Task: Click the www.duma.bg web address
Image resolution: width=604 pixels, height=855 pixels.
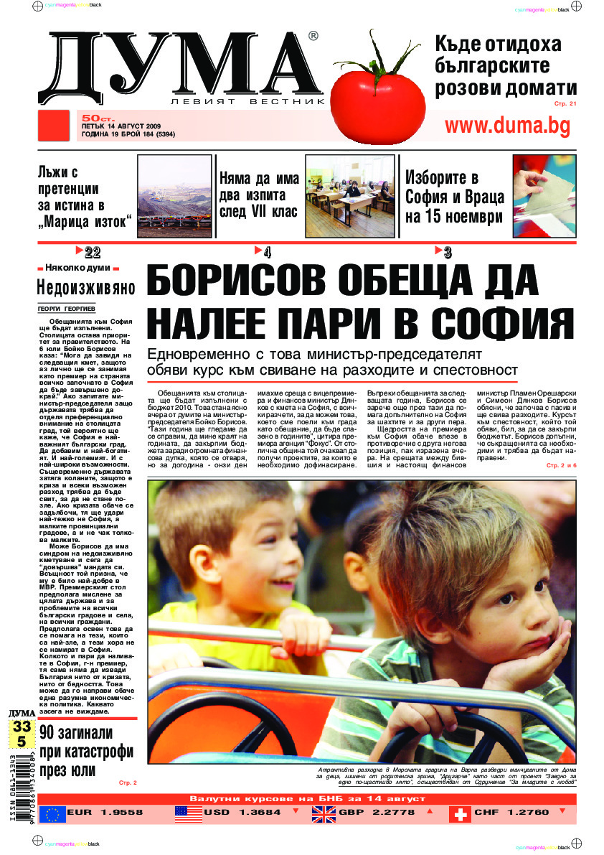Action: pyautogui.click(x=507, y=126)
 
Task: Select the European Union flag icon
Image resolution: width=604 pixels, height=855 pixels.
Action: pyautogui.click(x=52, y=814)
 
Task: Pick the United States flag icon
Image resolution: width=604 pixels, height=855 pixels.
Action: pyautogui.click(x=189, y=814)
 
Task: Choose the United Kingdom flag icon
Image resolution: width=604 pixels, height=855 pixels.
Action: pyautogui.click(x=324, y=814)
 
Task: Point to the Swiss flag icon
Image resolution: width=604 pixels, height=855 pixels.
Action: pyautogui.click(x=460, y=814)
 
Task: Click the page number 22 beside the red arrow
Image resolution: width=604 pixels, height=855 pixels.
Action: pyautogui.click(x=93, y=252)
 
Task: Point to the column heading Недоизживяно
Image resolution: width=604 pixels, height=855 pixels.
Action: pyautogui.click(x=86, y=289)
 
